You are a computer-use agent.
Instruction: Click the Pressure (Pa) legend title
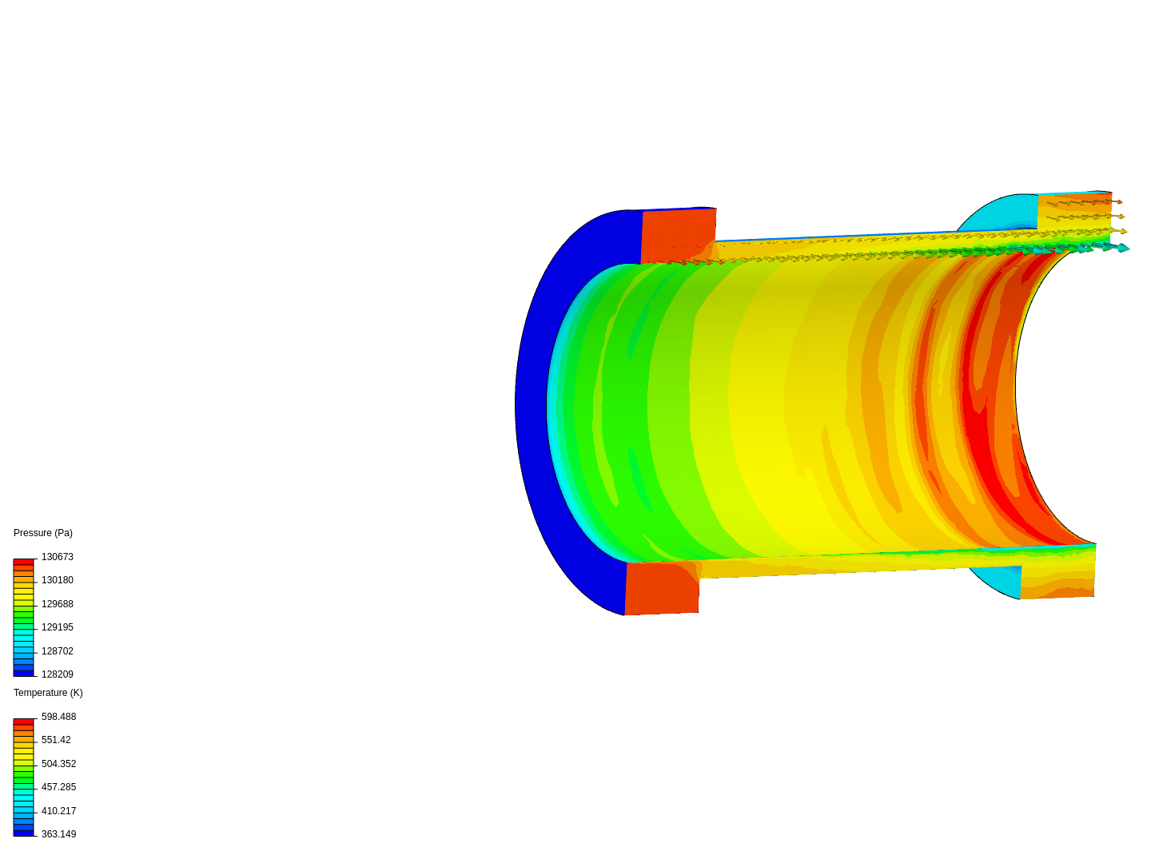[x=43, y=533]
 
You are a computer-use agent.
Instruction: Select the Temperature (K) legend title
[x=48, y=693]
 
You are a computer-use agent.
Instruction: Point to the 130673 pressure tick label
[x=58, y=556]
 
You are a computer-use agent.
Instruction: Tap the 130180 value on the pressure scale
[x=58, y=580]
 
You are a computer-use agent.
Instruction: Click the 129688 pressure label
[x=58, y=603]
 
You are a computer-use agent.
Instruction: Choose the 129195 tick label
[x=58, y=627]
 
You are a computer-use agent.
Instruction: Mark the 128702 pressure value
[x=58, y=650]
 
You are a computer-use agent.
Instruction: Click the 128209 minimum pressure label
[x=58, y=674]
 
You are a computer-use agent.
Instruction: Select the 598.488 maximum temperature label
[x=58, y=716]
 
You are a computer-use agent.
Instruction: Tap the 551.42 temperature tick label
[x=56, y=740]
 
